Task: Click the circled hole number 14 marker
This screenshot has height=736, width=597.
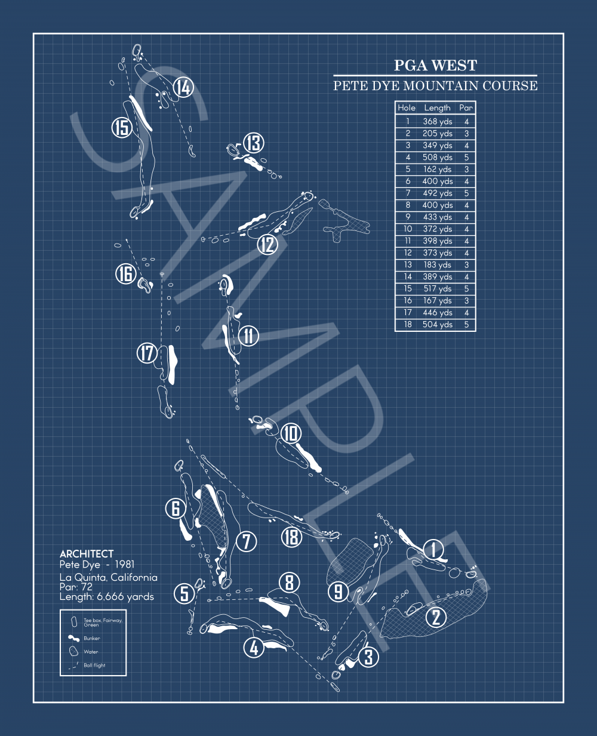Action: click(x=183, y=88)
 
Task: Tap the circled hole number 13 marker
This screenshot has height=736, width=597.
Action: click(x=254, y=143)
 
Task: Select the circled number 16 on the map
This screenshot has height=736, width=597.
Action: click(x=126, y=274)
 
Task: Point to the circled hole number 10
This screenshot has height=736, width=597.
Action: click(x=291, y=433)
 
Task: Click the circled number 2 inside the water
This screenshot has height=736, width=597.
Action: click(x=436, y=617)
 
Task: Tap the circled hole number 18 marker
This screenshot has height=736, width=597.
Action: click(x=291, y=537)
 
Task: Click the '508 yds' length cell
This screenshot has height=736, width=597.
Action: click(x=438, y=158)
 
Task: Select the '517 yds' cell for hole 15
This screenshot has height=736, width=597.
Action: click(x=438, y=289)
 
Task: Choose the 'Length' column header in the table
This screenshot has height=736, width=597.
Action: click(x=437, y=108)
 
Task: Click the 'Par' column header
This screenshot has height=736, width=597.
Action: click(x=466, y=108)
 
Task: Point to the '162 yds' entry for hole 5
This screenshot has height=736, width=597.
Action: click(x=438, y=170)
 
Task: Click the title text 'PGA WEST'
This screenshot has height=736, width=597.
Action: click(x=435, y=66)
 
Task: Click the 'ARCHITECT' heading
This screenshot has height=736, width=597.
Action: click(x=87, y=554)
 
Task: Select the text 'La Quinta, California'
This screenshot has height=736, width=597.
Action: click(x=109, y=577)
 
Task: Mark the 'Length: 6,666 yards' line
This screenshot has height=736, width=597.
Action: click(x=107, y=596)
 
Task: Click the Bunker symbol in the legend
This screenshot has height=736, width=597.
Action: click(x=74, y=638)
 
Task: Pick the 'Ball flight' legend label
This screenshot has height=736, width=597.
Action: click(x=94, y=665)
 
